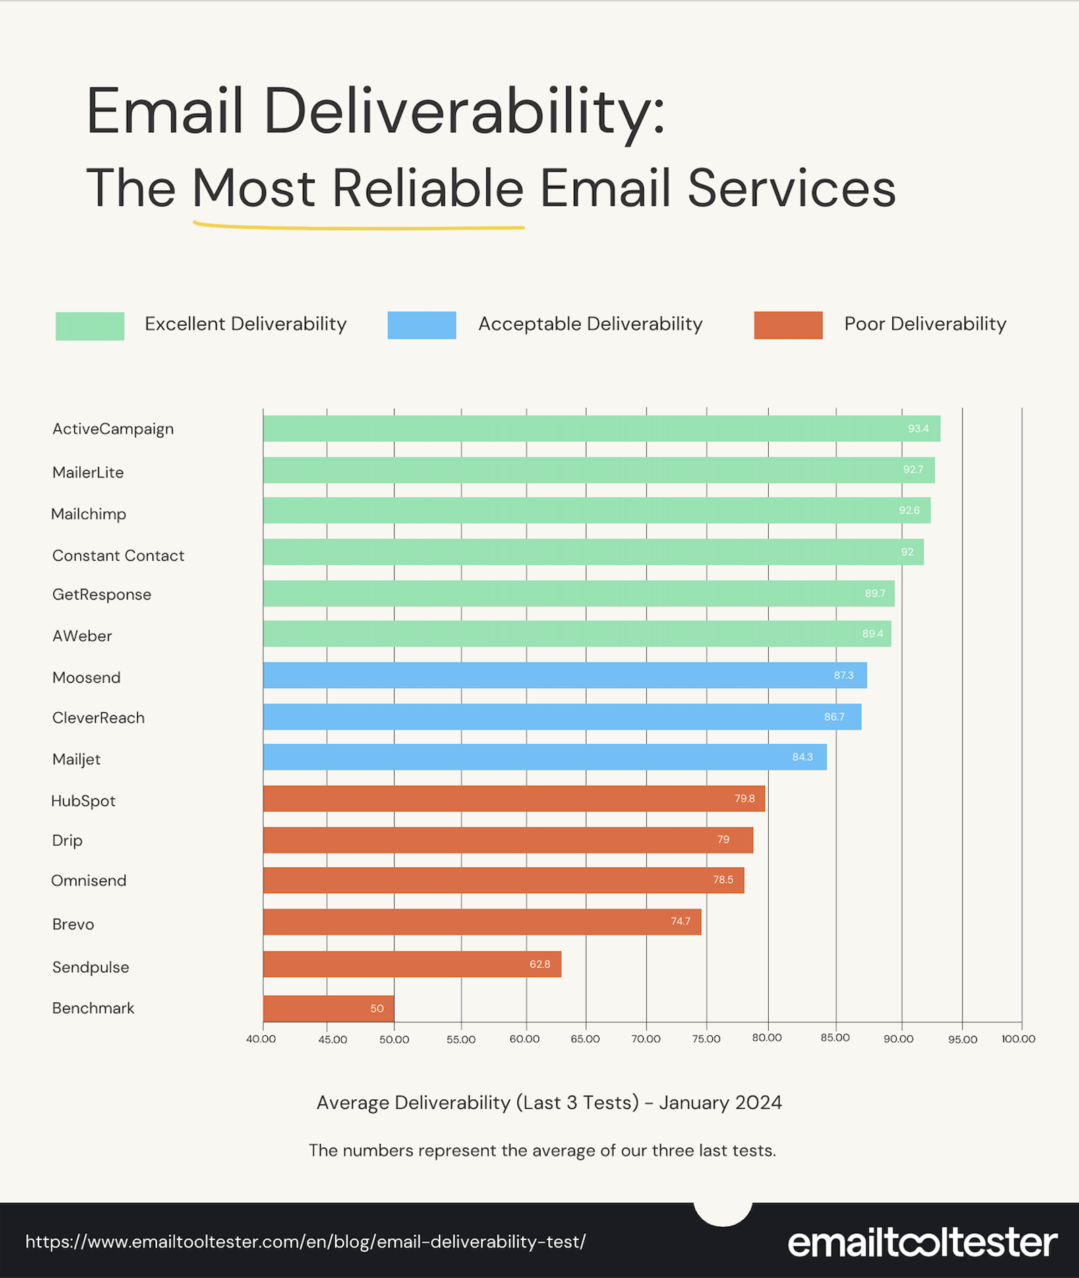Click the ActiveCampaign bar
[x=601, y=429]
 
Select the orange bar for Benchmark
[x=328, y=1008]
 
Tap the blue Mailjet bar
[x=544, y=757]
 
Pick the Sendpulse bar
[x=412, y=964]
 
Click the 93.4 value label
[x=918, y=429]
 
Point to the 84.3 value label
[x=803, y=757]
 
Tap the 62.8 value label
[x=539, y=964]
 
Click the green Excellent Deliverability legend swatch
[x=90, y=326]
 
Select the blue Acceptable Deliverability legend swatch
[x=421, y=325]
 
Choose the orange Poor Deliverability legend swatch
[x=788, y=325]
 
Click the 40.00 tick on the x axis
[x=261, y=1039]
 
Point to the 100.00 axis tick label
[x=1018, y=1039]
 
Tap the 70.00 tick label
[x=645, y=1039]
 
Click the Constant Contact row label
[x=118, y=556]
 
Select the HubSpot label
[x=84, y=801]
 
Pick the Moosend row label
[x=86, y=678]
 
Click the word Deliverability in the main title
[x=464, y=112]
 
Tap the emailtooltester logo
[x=922, y=1243]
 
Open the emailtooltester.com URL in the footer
[x=305, y=1242]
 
